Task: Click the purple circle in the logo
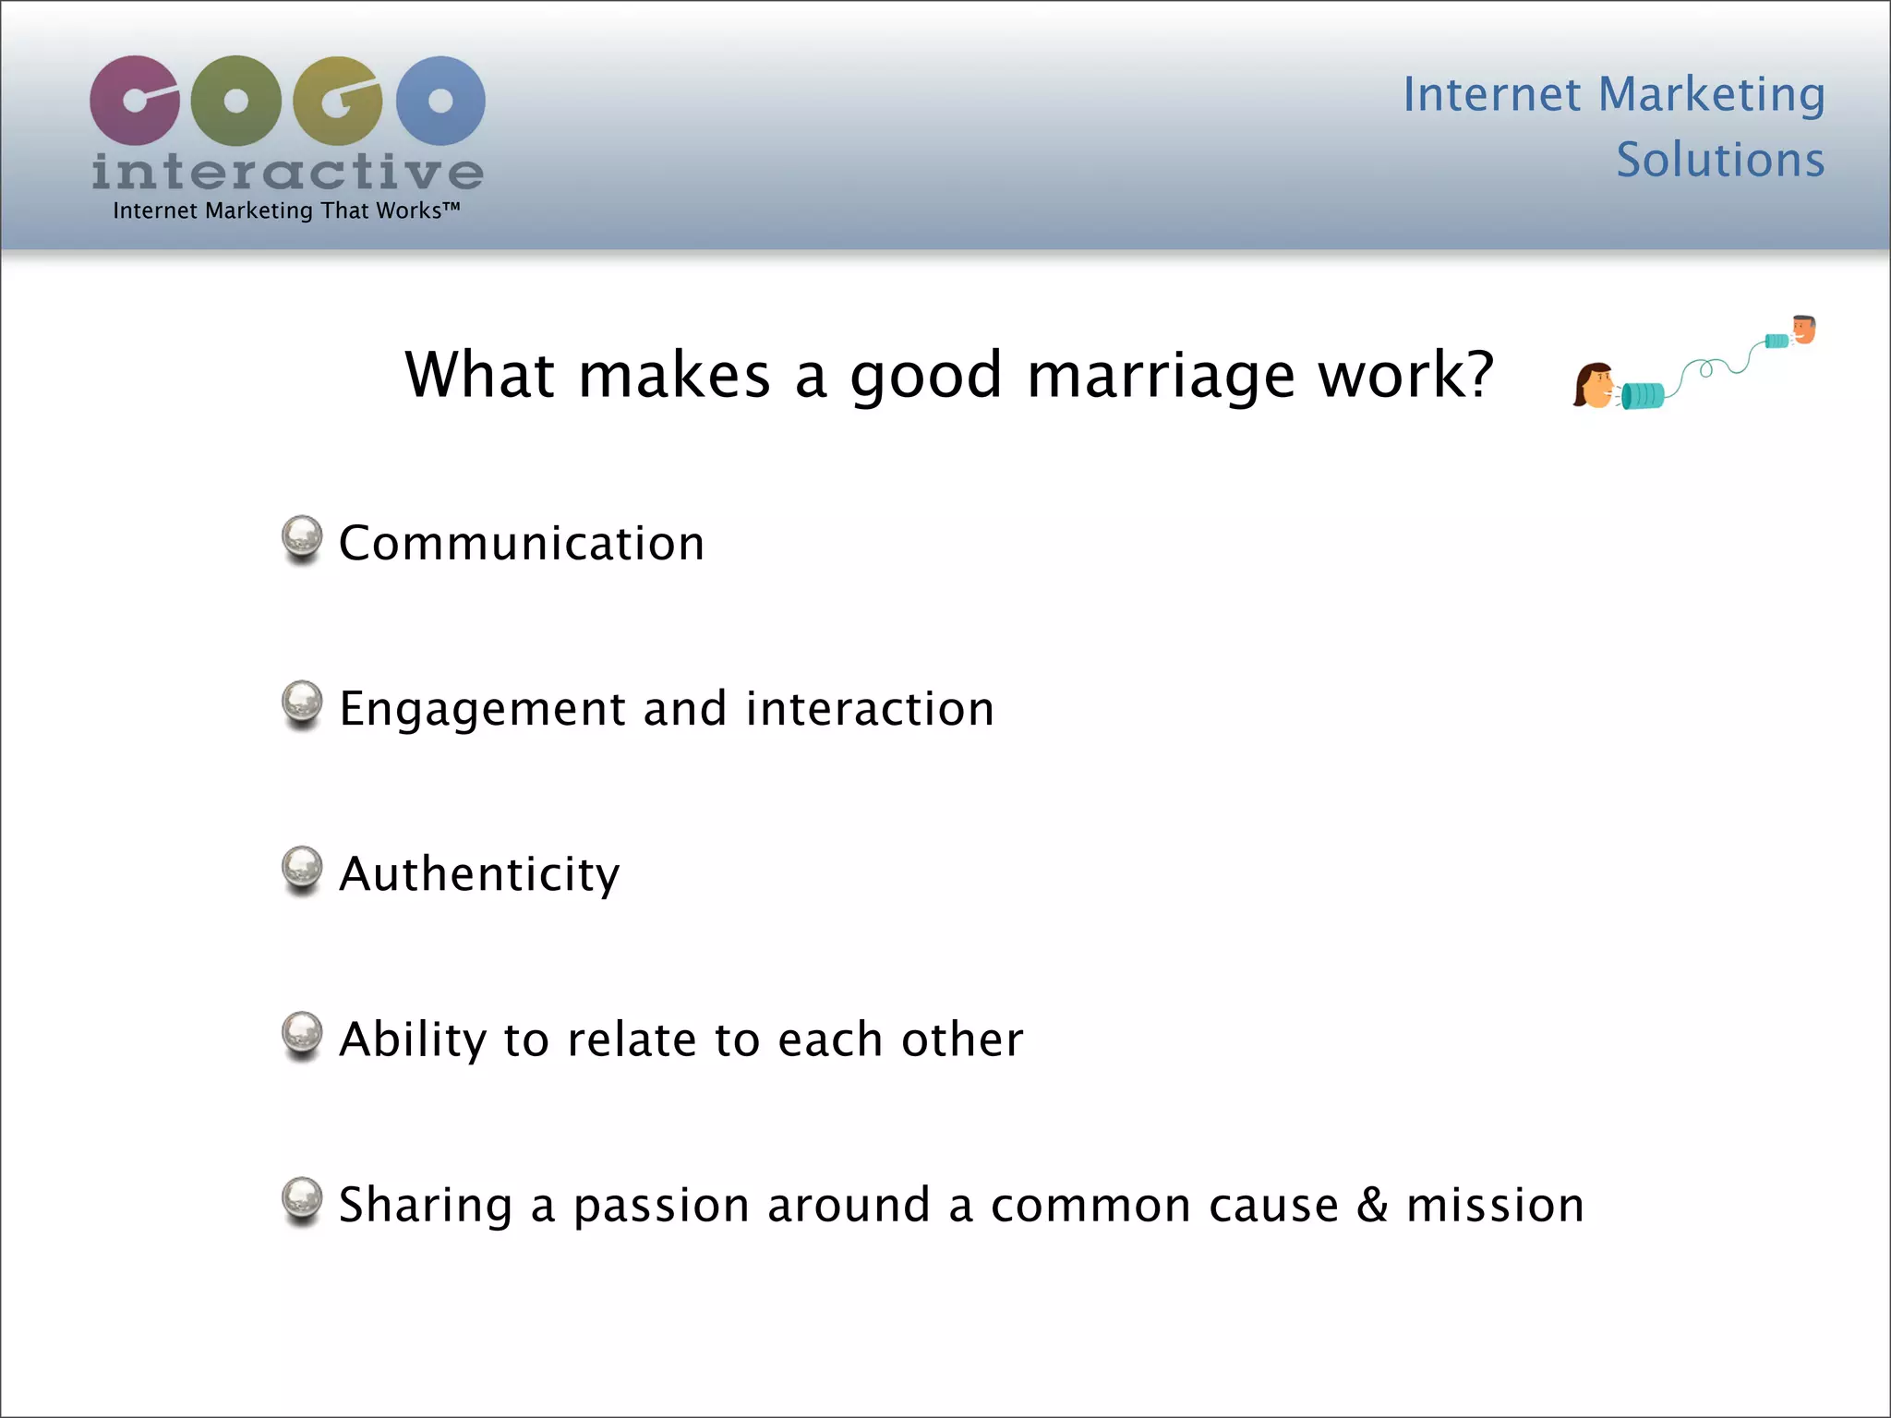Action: (x=135, y=100)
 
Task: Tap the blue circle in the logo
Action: (x=440, y=100)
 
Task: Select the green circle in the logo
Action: (x=236, y=100)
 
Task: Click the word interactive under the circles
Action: (x=287, y=173)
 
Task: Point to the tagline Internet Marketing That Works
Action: (x=286, y=210)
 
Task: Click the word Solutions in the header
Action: (x=1720, y=160)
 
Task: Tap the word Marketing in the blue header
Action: (x=1711, y=94)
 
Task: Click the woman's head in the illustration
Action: (x=1594, y=385)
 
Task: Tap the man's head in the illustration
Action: (x=1804, y=329)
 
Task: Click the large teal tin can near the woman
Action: (x=1643, y=395)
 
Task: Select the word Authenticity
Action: (x=479, y=874)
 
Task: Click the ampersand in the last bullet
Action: (x=1372, y=1205)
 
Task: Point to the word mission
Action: (x=1495, y=1205)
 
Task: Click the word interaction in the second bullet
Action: (x=870, y=709)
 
